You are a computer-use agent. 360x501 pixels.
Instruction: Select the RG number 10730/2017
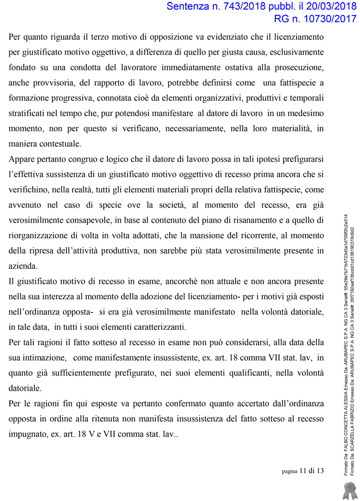[321, 20]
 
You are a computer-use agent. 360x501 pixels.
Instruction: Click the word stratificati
[29, 114]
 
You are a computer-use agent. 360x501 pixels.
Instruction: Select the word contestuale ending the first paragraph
[61, 144]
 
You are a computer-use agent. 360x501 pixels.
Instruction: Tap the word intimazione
[44, 358]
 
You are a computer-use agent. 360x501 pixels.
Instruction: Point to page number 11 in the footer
[303, 471]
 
